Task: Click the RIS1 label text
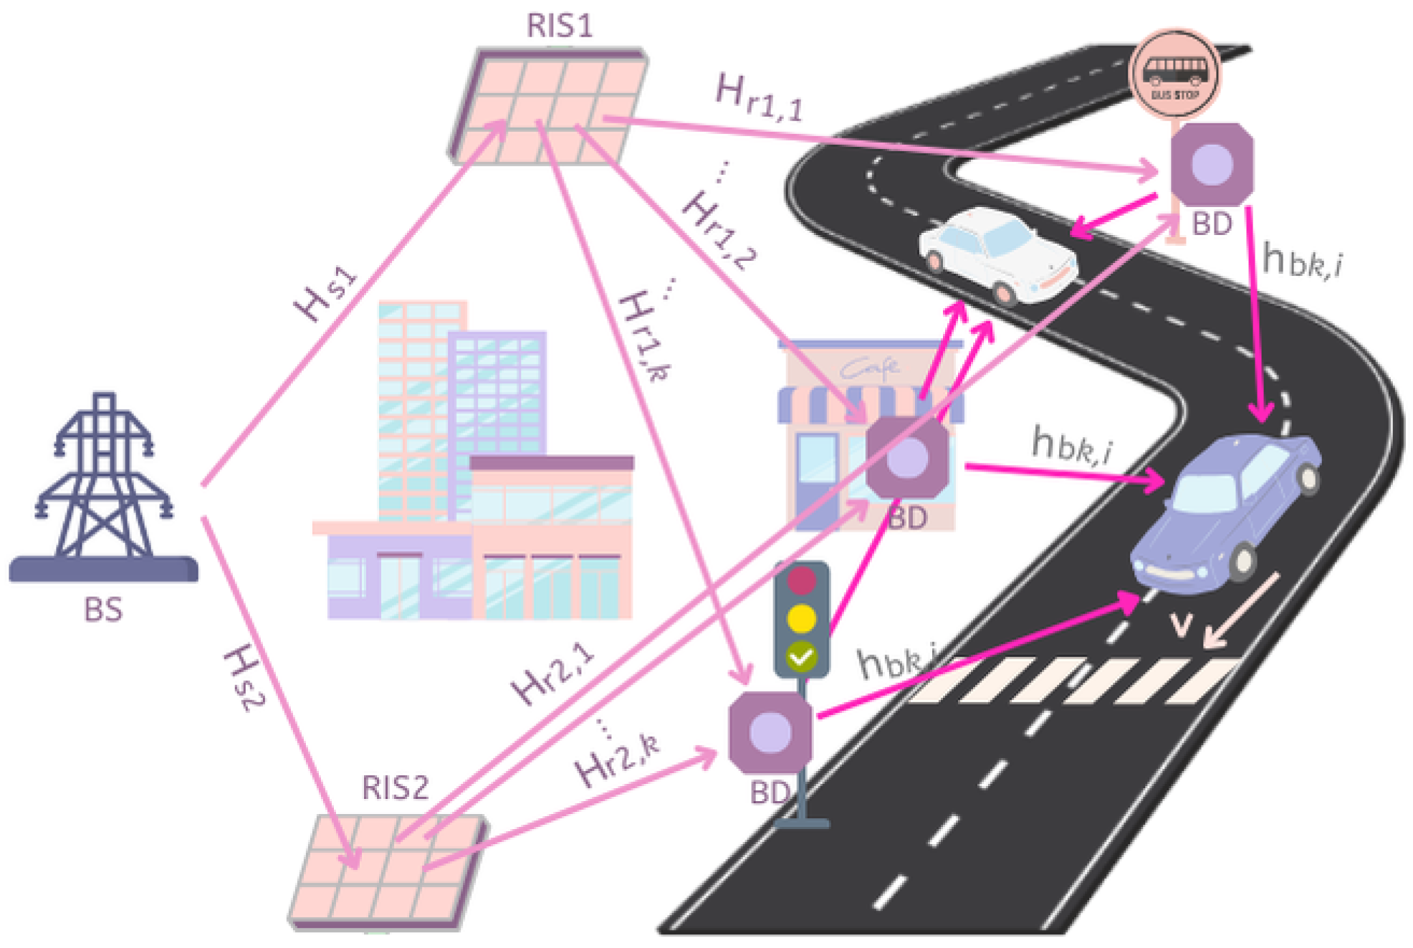560,26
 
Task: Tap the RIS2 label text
395,787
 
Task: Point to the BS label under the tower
103,610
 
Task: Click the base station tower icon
104,487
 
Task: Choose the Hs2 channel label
244,677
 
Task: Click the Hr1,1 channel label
760,97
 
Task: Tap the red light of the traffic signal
801,580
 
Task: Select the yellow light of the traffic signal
801,618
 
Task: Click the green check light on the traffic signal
801,655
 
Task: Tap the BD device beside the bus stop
1212,165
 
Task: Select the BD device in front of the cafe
907,457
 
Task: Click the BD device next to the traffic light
770,732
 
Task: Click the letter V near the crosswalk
1181,625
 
